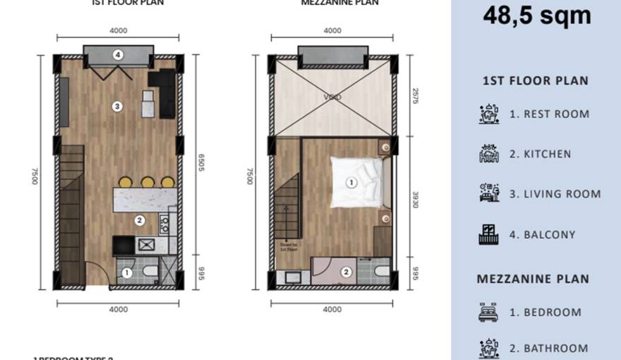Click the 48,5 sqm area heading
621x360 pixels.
pos(536,15)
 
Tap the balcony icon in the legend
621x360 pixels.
pos(488,234)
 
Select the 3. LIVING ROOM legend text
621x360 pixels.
pos(555,194)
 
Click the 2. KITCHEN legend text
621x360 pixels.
pos(540,154)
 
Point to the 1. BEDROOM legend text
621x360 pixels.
pos(545,312)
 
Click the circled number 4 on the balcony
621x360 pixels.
pos(118,54)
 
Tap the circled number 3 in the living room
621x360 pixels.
pos(118,107)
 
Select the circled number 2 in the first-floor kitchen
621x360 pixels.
pos(139,220)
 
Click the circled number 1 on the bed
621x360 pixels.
pos(351,182)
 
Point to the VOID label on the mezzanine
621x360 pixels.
pos(332,97)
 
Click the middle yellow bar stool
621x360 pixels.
pos(147,182)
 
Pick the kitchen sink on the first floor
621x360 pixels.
pos(148,245)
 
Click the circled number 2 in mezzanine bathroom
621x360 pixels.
pos(346,272)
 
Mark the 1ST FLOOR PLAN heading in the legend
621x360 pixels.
pos(535,80)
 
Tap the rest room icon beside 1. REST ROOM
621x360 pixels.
pos(488,114)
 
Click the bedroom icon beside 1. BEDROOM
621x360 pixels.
pos(488,312)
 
